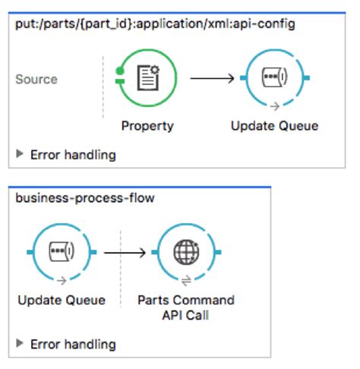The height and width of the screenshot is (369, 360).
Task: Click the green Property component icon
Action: pos(147,78)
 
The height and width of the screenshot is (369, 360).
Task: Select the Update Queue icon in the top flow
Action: pos(274,78)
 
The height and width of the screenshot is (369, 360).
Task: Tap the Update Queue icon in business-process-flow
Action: pos(61,252)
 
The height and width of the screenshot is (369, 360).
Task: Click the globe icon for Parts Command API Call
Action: pos(186,252)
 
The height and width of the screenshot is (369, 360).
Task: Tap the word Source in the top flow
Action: pos(36,79)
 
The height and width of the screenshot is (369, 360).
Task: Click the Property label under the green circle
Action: pos(147,125)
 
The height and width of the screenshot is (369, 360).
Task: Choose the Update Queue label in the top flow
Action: pos(274,125)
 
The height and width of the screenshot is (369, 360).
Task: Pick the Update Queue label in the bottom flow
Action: pos(61,300)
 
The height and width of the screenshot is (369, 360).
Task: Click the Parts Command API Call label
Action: pos(186,307)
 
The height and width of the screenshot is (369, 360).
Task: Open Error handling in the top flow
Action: pos(73,155)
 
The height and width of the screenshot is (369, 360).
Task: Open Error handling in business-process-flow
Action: pos(73,344)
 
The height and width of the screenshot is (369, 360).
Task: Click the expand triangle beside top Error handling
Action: pos(20,155)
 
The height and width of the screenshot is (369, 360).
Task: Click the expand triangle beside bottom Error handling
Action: pos(20,344)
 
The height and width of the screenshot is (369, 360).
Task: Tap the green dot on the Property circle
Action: pos(119,73)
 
